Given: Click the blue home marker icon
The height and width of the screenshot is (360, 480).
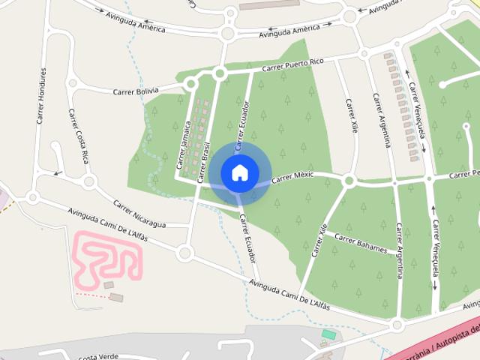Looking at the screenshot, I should [239, 172].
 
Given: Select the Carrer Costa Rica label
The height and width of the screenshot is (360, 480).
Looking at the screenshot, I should [79, 136].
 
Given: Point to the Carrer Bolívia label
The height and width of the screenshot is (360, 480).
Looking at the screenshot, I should [136, 91].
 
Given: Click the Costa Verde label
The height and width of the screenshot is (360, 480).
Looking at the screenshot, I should [99, 356].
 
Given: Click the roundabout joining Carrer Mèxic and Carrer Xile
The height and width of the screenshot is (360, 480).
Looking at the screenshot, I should [348, 181].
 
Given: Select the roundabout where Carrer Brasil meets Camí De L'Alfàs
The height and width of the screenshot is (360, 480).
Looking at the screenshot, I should [184, 253].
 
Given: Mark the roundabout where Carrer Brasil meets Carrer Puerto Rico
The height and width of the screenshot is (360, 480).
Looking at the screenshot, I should [220, 73].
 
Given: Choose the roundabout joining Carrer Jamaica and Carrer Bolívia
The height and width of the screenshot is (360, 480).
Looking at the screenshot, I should [190, 83].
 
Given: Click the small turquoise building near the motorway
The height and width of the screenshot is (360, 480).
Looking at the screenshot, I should [328, 334].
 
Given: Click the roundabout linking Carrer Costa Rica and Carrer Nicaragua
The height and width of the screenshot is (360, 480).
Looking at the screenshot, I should [89, 181].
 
